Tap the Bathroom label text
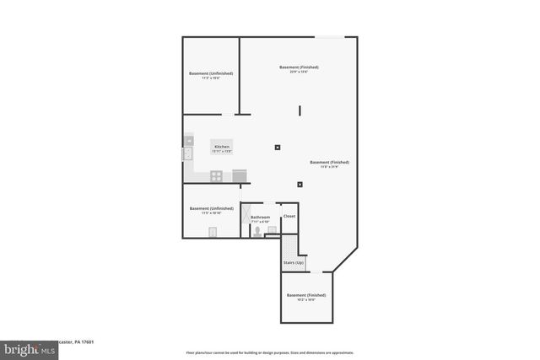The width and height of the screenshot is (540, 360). point(260,218)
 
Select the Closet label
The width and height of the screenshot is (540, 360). point(289,216)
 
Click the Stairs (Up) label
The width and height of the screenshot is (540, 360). point(293,264)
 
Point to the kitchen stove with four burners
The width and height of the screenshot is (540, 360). point(217,176)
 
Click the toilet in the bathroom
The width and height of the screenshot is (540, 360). point(256,229)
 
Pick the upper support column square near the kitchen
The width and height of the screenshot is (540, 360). point(278,148)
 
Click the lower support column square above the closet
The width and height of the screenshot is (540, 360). point(300,185)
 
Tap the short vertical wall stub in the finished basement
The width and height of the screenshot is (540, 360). point(299,110)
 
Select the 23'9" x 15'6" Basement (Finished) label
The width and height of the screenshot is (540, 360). point(299,69)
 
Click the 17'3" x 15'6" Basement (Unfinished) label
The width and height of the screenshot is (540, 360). point(211,75)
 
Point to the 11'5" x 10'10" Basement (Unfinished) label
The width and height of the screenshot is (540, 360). point(211,211)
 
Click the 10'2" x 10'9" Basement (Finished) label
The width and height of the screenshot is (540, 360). point(306,297)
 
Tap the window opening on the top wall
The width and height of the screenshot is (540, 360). point(329,36)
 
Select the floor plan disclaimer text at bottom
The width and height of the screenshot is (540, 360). point(269,352)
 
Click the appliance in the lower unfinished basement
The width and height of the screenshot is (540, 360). point(213,232)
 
